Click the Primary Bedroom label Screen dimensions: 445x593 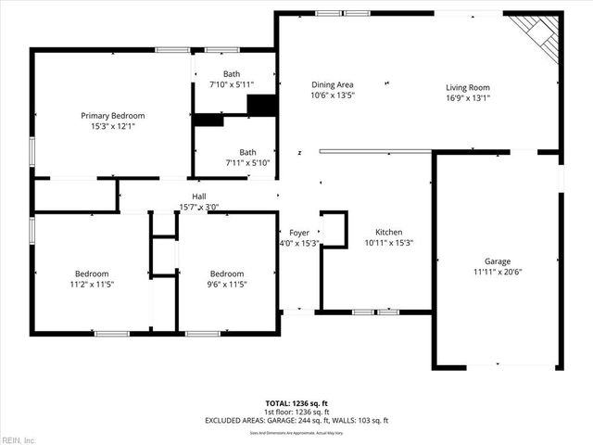point(112,116)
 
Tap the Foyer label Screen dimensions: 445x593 point(299,233)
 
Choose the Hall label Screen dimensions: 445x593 point(198,197)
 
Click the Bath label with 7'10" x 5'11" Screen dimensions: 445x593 point(233,73)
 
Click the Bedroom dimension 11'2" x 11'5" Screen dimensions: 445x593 point(92,285)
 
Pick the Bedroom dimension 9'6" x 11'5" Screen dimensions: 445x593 point(227,285)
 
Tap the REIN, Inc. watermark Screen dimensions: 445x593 point(19,439)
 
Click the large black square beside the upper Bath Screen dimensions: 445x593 point(262,105)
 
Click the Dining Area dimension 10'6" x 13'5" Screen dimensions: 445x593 point(332,95)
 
